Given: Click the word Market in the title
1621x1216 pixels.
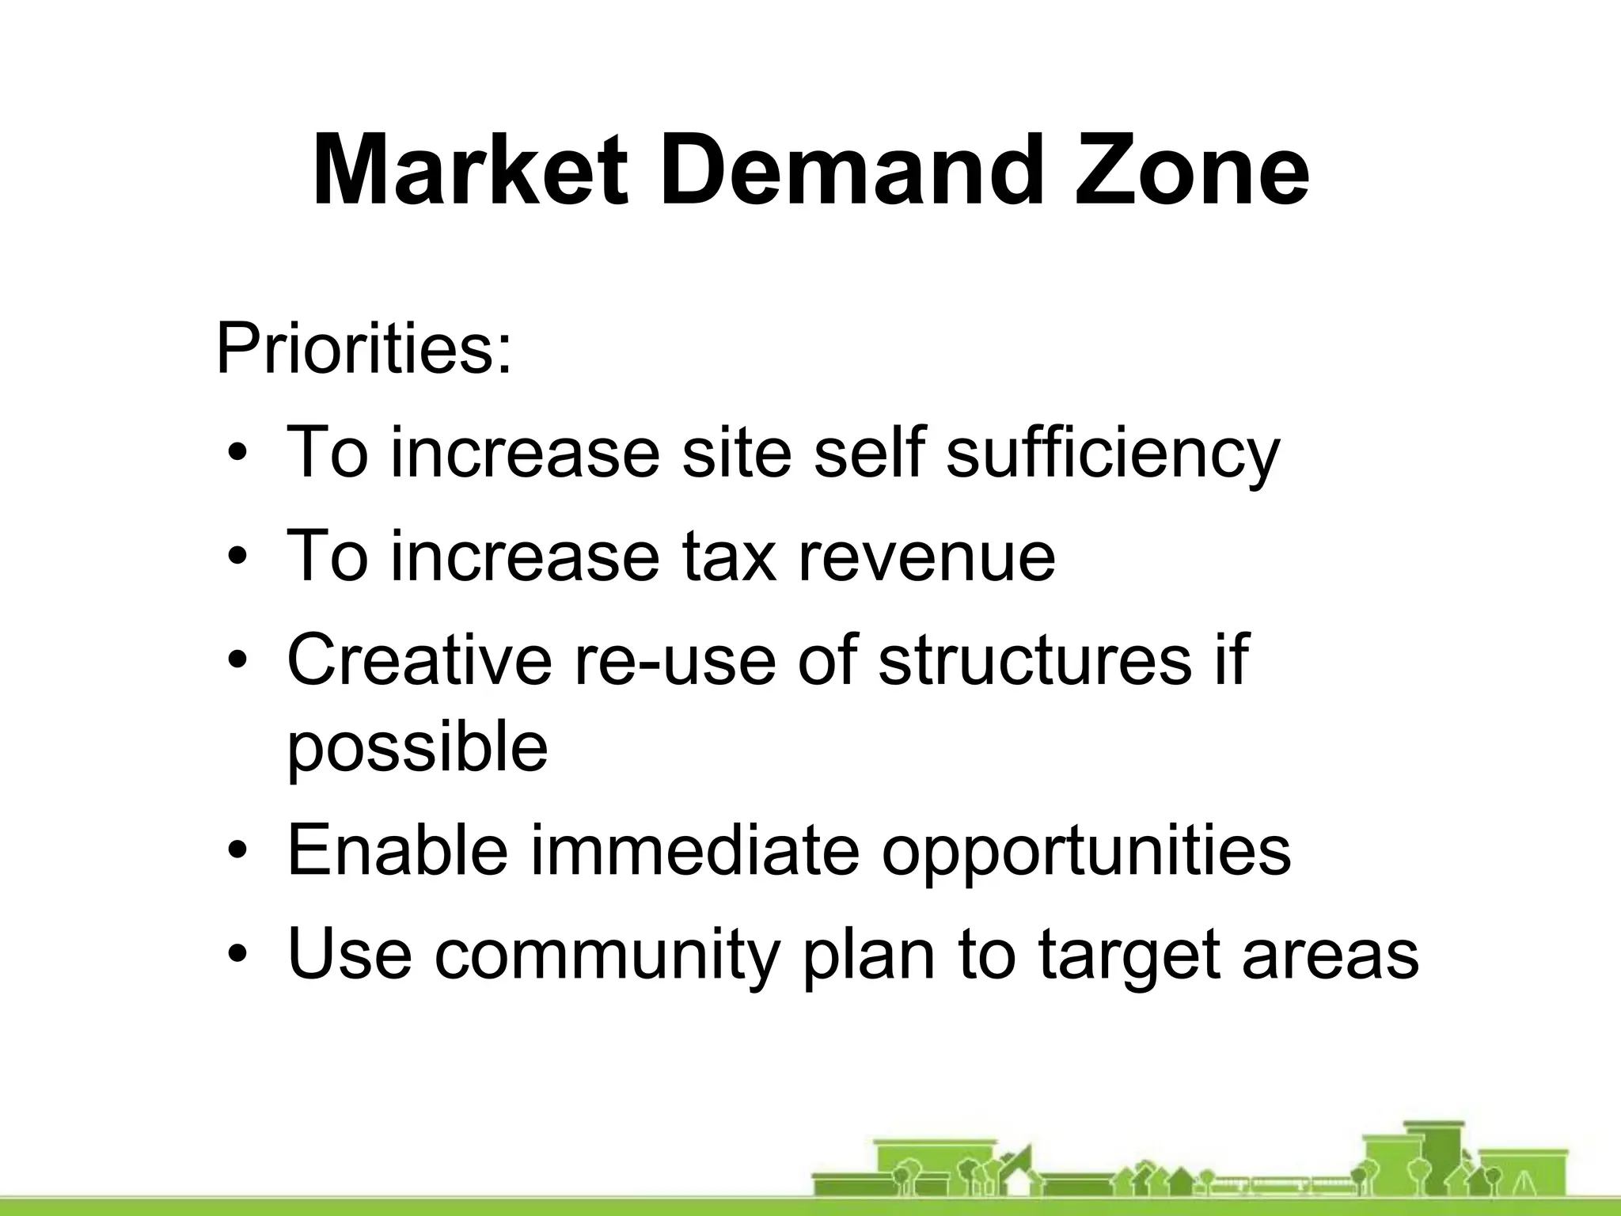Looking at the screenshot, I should (470, 171).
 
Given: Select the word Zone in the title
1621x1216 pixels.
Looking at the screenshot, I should (1191, 171).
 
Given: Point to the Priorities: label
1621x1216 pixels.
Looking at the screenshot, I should (364, 349).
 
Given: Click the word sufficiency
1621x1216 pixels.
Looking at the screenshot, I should (1112, 453).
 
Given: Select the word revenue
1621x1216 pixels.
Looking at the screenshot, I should (926, 557).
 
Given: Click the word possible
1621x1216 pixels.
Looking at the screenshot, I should (417, 748).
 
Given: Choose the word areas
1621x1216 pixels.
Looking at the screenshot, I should (1330, 955).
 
